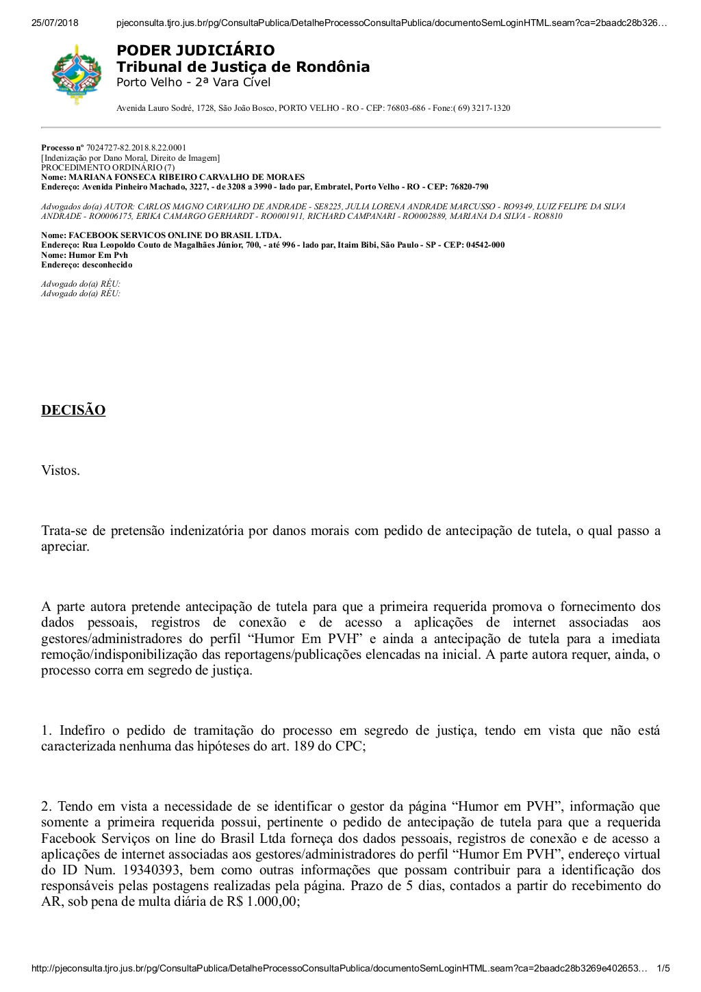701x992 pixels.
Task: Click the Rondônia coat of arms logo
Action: coord(76,74)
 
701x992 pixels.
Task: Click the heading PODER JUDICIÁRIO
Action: coord(195,50)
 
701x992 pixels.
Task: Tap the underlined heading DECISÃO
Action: coord(73,410)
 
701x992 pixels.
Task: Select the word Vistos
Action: coord(60,471)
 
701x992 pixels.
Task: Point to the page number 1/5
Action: coord(663,969)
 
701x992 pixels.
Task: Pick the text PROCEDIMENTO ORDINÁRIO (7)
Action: coord(108,168)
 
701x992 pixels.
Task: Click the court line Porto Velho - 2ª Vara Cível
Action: coord(193,83)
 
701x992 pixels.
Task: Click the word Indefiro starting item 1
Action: coord(80,731)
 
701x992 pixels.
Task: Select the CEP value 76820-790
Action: coord(469,187)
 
